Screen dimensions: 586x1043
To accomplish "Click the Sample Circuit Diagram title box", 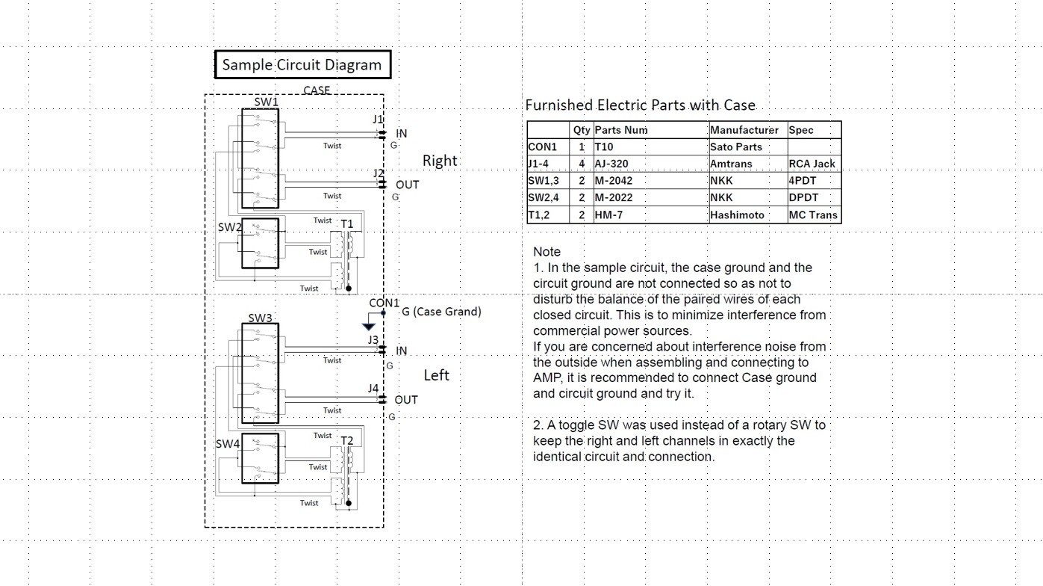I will (302, 65).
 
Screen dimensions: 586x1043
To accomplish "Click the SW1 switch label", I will (266, 102).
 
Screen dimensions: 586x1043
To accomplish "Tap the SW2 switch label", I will (229, 226).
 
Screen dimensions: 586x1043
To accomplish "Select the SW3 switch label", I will (260, 318).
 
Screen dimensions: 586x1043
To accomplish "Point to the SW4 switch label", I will (228, 443).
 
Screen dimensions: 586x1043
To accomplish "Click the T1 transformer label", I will (347, 224).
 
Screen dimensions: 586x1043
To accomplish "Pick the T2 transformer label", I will (347, 440).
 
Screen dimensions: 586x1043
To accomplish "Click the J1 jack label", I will (378, 120).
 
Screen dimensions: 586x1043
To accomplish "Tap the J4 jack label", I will (373, 388).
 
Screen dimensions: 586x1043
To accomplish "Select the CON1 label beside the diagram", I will (384, 303).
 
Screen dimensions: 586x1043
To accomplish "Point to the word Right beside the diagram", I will (440, 161).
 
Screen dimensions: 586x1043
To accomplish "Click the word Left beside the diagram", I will (436, 375).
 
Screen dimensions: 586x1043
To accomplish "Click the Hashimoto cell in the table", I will (737, 215).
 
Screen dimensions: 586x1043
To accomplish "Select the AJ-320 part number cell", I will (611, 164).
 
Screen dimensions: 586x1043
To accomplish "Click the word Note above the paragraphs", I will (547, 252).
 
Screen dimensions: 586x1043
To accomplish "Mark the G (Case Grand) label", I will (441, 312).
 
